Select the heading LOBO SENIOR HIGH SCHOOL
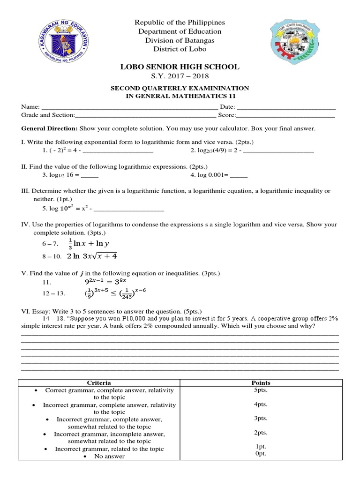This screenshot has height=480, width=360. click(180, 67)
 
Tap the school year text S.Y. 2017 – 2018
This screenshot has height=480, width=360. click(180, 76)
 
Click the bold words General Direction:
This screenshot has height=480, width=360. click(50, 128)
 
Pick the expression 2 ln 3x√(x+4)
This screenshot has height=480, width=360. click(92, 256)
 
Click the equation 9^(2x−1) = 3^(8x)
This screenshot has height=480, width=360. click(105, 283)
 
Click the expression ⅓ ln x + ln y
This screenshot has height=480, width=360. click(88, 244)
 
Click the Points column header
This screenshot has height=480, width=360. click(261, 383)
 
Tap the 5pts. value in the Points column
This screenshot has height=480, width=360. click(261, 390)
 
